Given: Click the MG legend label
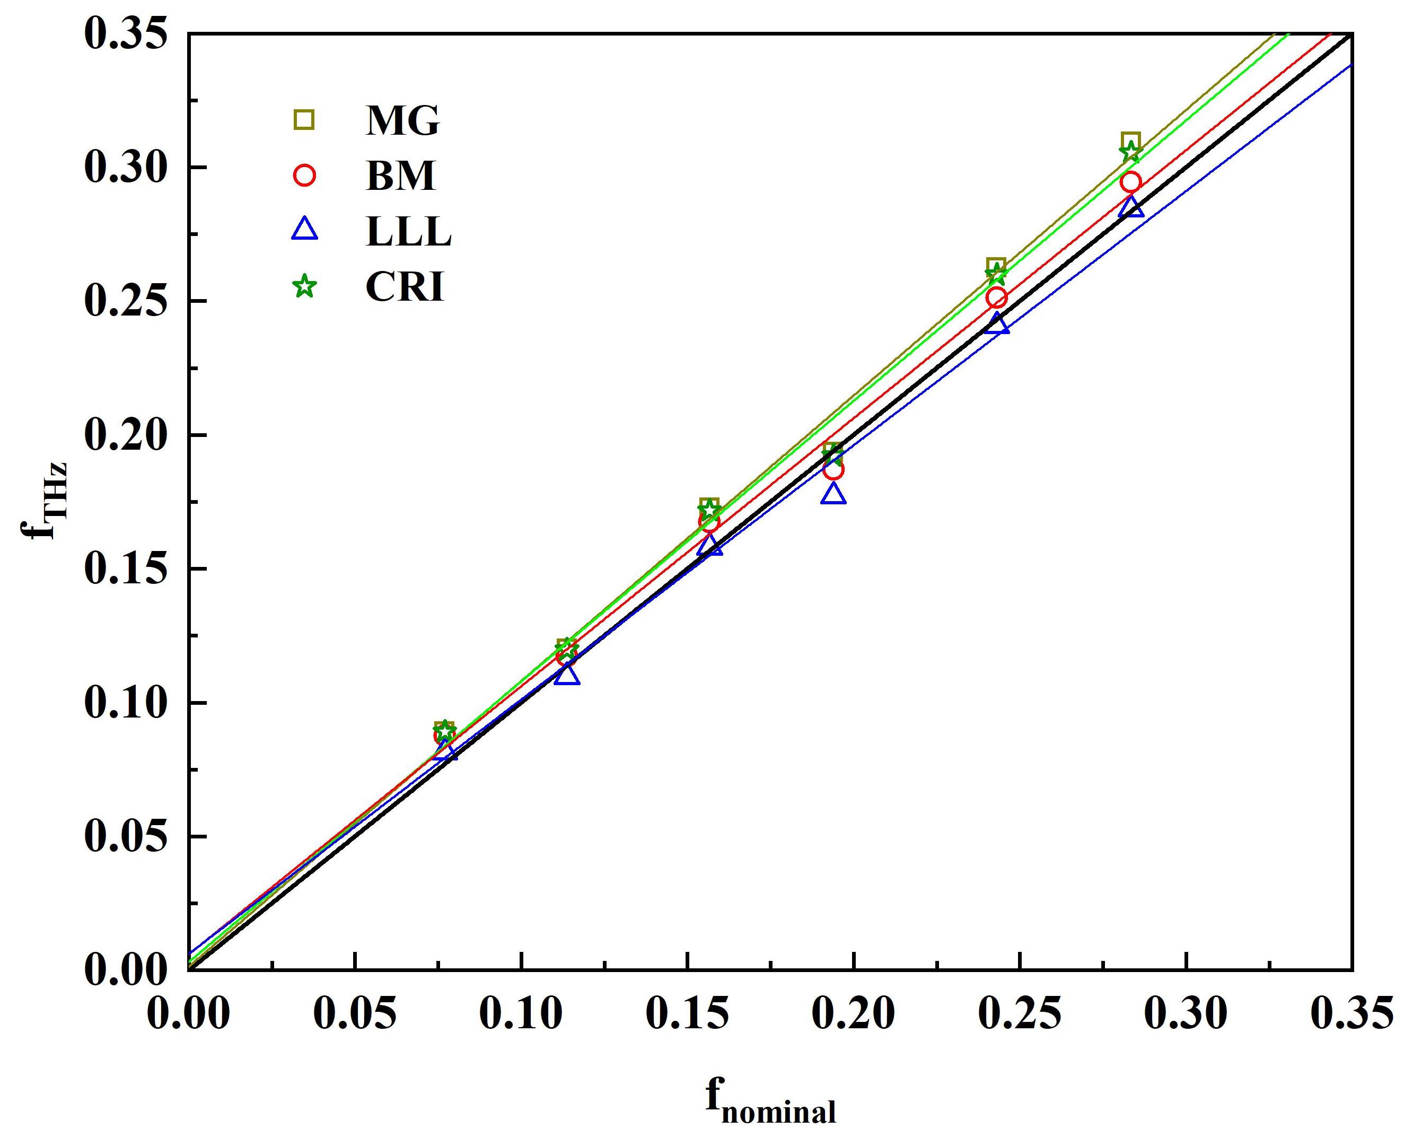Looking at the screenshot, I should [x=402, y=121].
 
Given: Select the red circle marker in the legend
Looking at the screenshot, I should [x=304, y=176].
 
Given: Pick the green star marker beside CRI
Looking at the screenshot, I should [x=304, y=287].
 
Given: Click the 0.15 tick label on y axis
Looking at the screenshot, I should [x=124, y=569].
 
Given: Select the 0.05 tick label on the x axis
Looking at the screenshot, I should [x=355, y=1013].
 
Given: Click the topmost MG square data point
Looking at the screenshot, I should [x=1131, y=141].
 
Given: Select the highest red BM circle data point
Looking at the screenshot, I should [x=1131, y=181].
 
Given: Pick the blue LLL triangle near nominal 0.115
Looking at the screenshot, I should [x=567, y=675].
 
